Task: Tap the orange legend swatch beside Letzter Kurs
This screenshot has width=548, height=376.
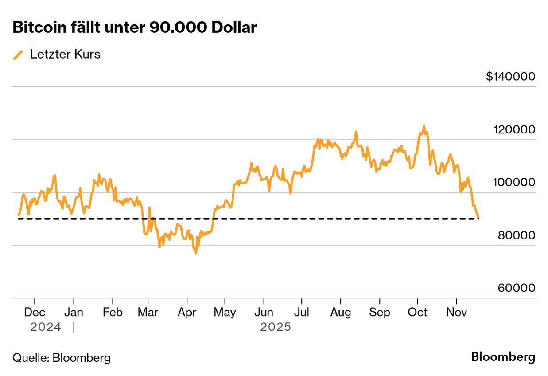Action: (18, 55)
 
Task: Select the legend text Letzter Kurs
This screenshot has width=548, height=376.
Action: (65, 55)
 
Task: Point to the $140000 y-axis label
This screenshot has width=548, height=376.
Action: (510, 77)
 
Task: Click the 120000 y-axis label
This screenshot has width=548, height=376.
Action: (514, 129)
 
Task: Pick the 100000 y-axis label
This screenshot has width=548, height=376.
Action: (514, 182)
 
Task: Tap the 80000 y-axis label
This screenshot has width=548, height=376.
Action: (516, 235)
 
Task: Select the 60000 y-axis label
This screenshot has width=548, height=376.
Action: (516, 288)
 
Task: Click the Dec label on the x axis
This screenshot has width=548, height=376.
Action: (35, 312)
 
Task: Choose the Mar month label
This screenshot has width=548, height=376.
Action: (148, 312)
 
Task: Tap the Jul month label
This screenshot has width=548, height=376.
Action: (301, 312)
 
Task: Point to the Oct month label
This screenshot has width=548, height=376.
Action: (417, 312)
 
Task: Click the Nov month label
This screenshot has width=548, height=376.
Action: (456, 312)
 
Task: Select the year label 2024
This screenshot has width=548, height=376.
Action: (46, 327)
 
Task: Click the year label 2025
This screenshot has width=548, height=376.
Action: (276, 327)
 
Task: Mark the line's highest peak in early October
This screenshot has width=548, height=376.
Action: (424, 126)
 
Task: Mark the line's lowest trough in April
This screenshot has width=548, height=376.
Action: (196, 253)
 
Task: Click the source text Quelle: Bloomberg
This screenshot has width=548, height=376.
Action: (62, 358)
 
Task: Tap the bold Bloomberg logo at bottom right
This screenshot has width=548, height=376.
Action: (503, 357)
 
